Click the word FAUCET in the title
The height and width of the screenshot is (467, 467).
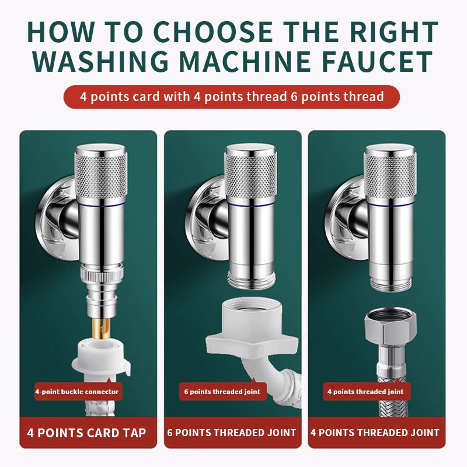pos(378,61)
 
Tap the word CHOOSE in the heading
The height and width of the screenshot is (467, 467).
pos(213,32)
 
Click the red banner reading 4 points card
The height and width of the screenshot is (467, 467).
pos(231,97)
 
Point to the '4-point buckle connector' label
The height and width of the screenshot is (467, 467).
pos(77,392)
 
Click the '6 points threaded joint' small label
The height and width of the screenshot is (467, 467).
pos(222,392)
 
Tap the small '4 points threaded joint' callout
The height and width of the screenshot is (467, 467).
pos(366,392)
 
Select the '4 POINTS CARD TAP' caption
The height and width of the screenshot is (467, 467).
pos(86,433)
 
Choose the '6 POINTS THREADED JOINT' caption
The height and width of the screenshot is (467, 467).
pos(232,433)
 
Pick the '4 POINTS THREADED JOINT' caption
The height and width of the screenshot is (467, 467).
pos(375,433)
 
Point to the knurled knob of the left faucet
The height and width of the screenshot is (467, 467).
pos(100,174)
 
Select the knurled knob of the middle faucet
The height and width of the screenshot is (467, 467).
pos(250,174)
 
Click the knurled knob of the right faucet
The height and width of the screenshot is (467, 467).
pos(390,174)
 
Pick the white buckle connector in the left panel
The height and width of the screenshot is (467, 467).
pos(100,359)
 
